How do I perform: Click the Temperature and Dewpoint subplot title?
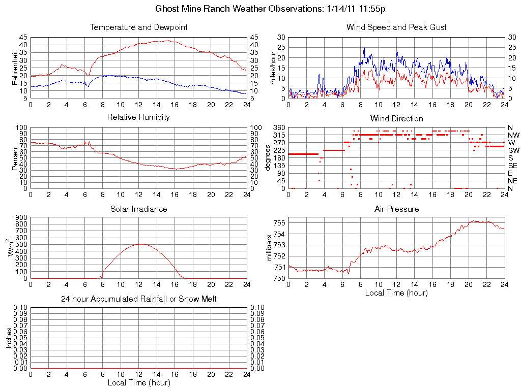[x=138, y=27]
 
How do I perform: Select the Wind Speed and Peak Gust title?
[x=396, y=27]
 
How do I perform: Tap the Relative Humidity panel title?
[x=138, y=117]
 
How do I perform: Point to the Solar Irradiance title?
[x=138, y=209]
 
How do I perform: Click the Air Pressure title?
[x=396, y=209]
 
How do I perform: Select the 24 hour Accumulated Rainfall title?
[x=138, y=299]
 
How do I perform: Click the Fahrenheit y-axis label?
[x=15, y=68]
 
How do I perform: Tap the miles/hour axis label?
[x=274, y=68]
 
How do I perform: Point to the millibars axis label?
[x=270, y=248]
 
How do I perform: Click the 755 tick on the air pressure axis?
[x=278, y=222]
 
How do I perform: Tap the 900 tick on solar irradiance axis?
[x=22, y=217]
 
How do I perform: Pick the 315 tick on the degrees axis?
[x=279, y=135]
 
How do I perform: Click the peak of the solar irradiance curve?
[x=140, y=244]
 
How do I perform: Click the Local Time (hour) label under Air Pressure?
[x=396, y=292]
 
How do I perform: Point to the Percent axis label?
[x=15, y=157]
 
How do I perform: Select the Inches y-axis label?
[x=9, y=337]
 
